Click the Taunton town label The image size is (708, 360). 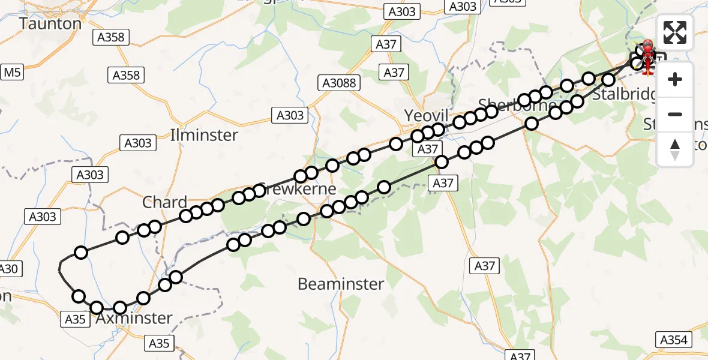pyautogui.click(x=50, y=24)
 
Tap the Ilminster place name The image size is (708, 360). pyautogui.click(x=204, y=135)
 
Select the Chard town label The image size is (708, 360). pyautogui.click(x=164, y=202)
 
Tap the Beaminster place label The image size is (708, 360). pyautogui.click(x=341, y=284)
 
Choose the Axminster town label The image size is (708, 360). pyautogui.click(x=134, y=318)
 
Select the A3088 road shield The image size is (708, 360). pyautogui.click(x=339, y=83)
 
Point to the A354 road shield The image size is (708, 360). pyautogui.click(x=673, y=340)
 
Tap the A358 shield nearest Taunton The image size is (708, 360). pyautogui.click(x=111, y=37)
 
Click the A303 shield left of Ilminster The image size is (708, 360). pyautogui.click(x=138, y=143)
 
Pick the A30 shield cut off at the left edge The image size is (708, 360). pyautogui.click(x=8, y=269)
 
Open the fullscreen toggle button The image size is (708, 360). pyautogui.click(x=675, y=32)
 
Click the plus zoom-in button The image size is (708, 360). pyautogui.click(x=675, y=79)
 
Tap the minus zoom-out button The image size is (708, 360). pyautogui.click(x=675, y=114)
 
